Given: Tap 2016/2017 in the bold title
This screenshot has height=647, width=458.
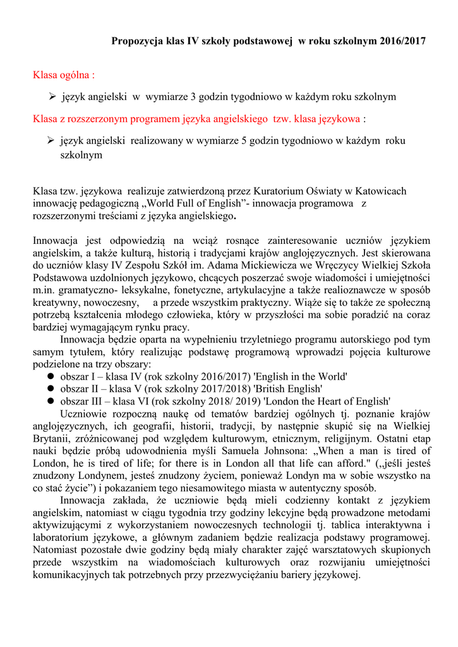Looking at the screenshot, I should tap(403, 41).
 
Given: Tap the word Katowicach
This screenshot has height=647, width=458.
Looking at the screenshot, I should tap(379, 191).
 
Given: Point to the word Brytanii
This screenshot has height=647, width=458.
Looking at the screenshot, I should tap(53, 438).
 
